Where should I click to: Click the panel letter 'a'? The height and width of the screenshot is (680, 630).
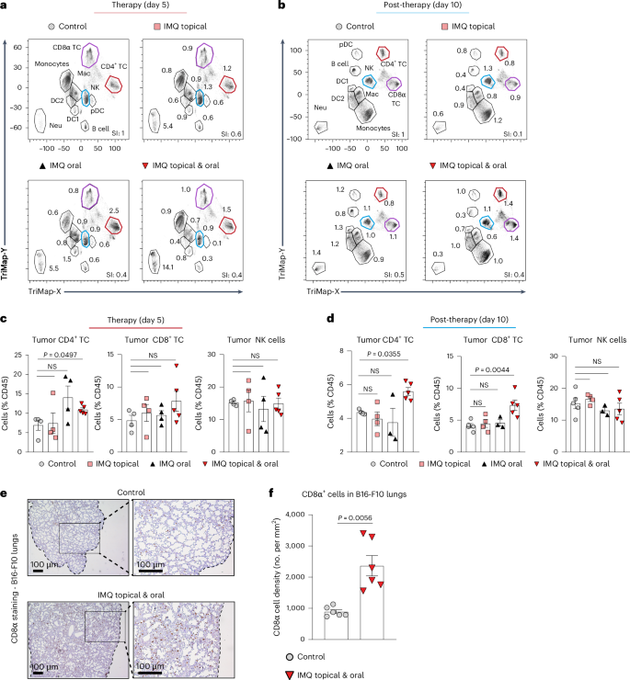click(x=6, y=6)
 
